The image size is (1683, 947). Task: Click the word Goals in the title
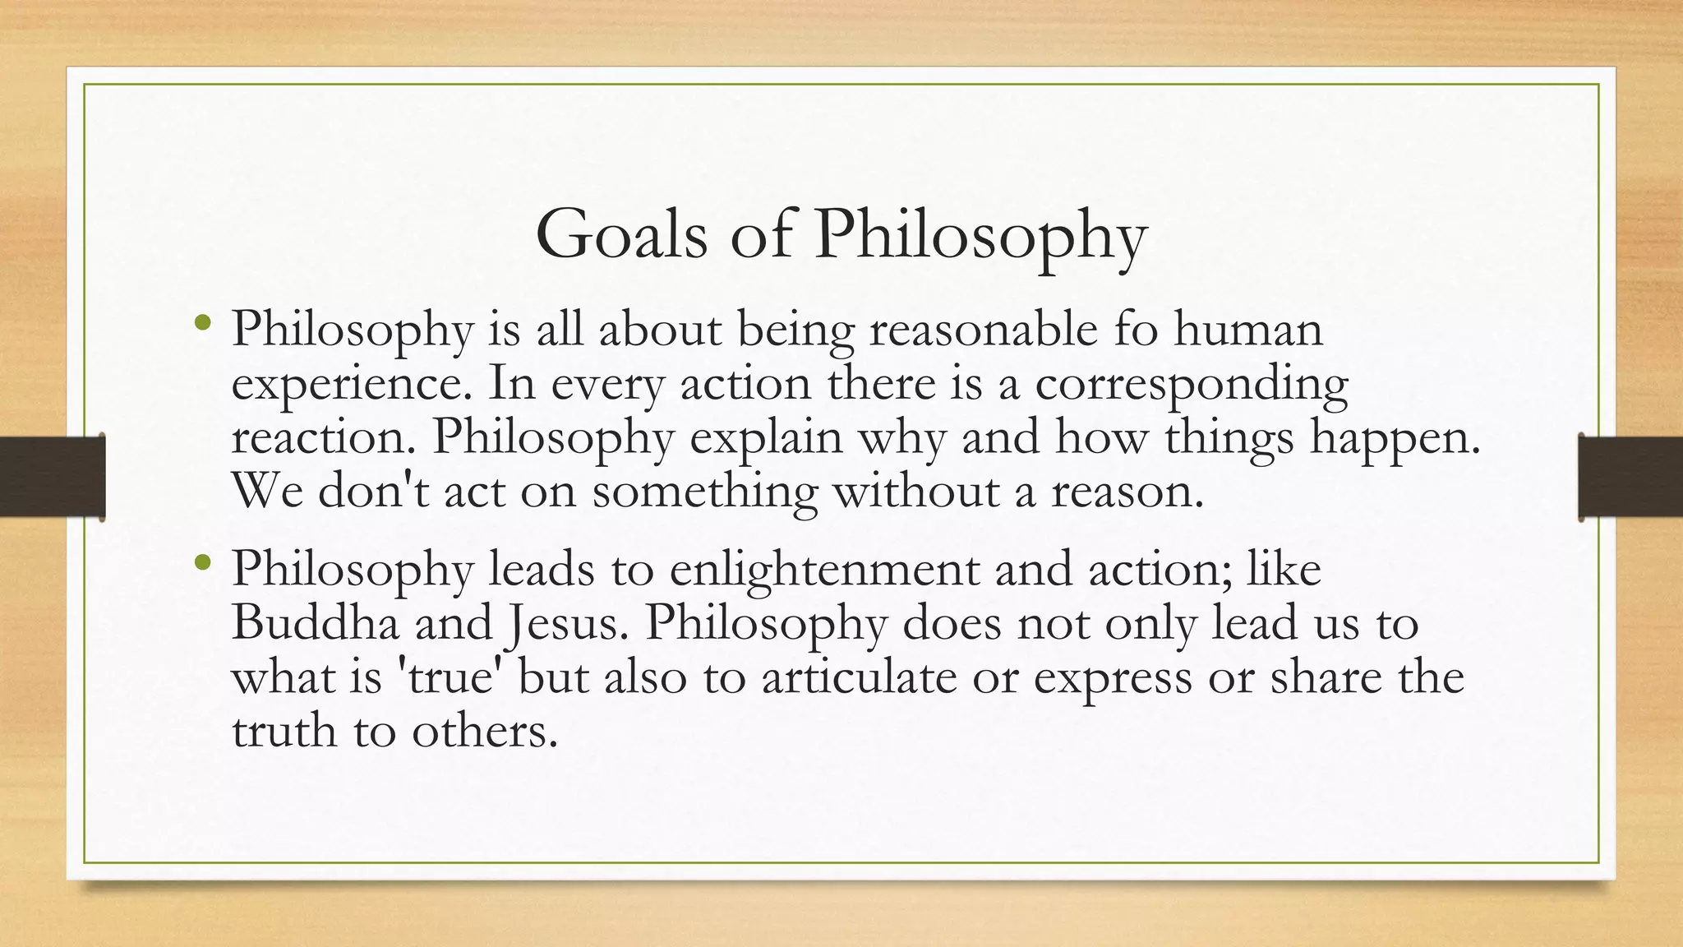click(x=620, y=234)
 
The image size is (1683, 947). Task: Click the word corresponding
click(x=1191, y=385)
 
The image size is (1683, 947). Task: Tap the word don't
click(x=373, y=491)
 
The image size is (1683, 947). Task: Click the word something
click(x=704, y=492)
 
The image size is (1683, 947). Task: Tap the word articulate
click(x=859, y=677)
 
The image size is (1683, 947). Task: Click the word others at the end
click(x=484, y=730)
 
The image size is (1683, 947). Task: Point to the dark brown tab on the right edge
click(x=1630, y=477)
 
